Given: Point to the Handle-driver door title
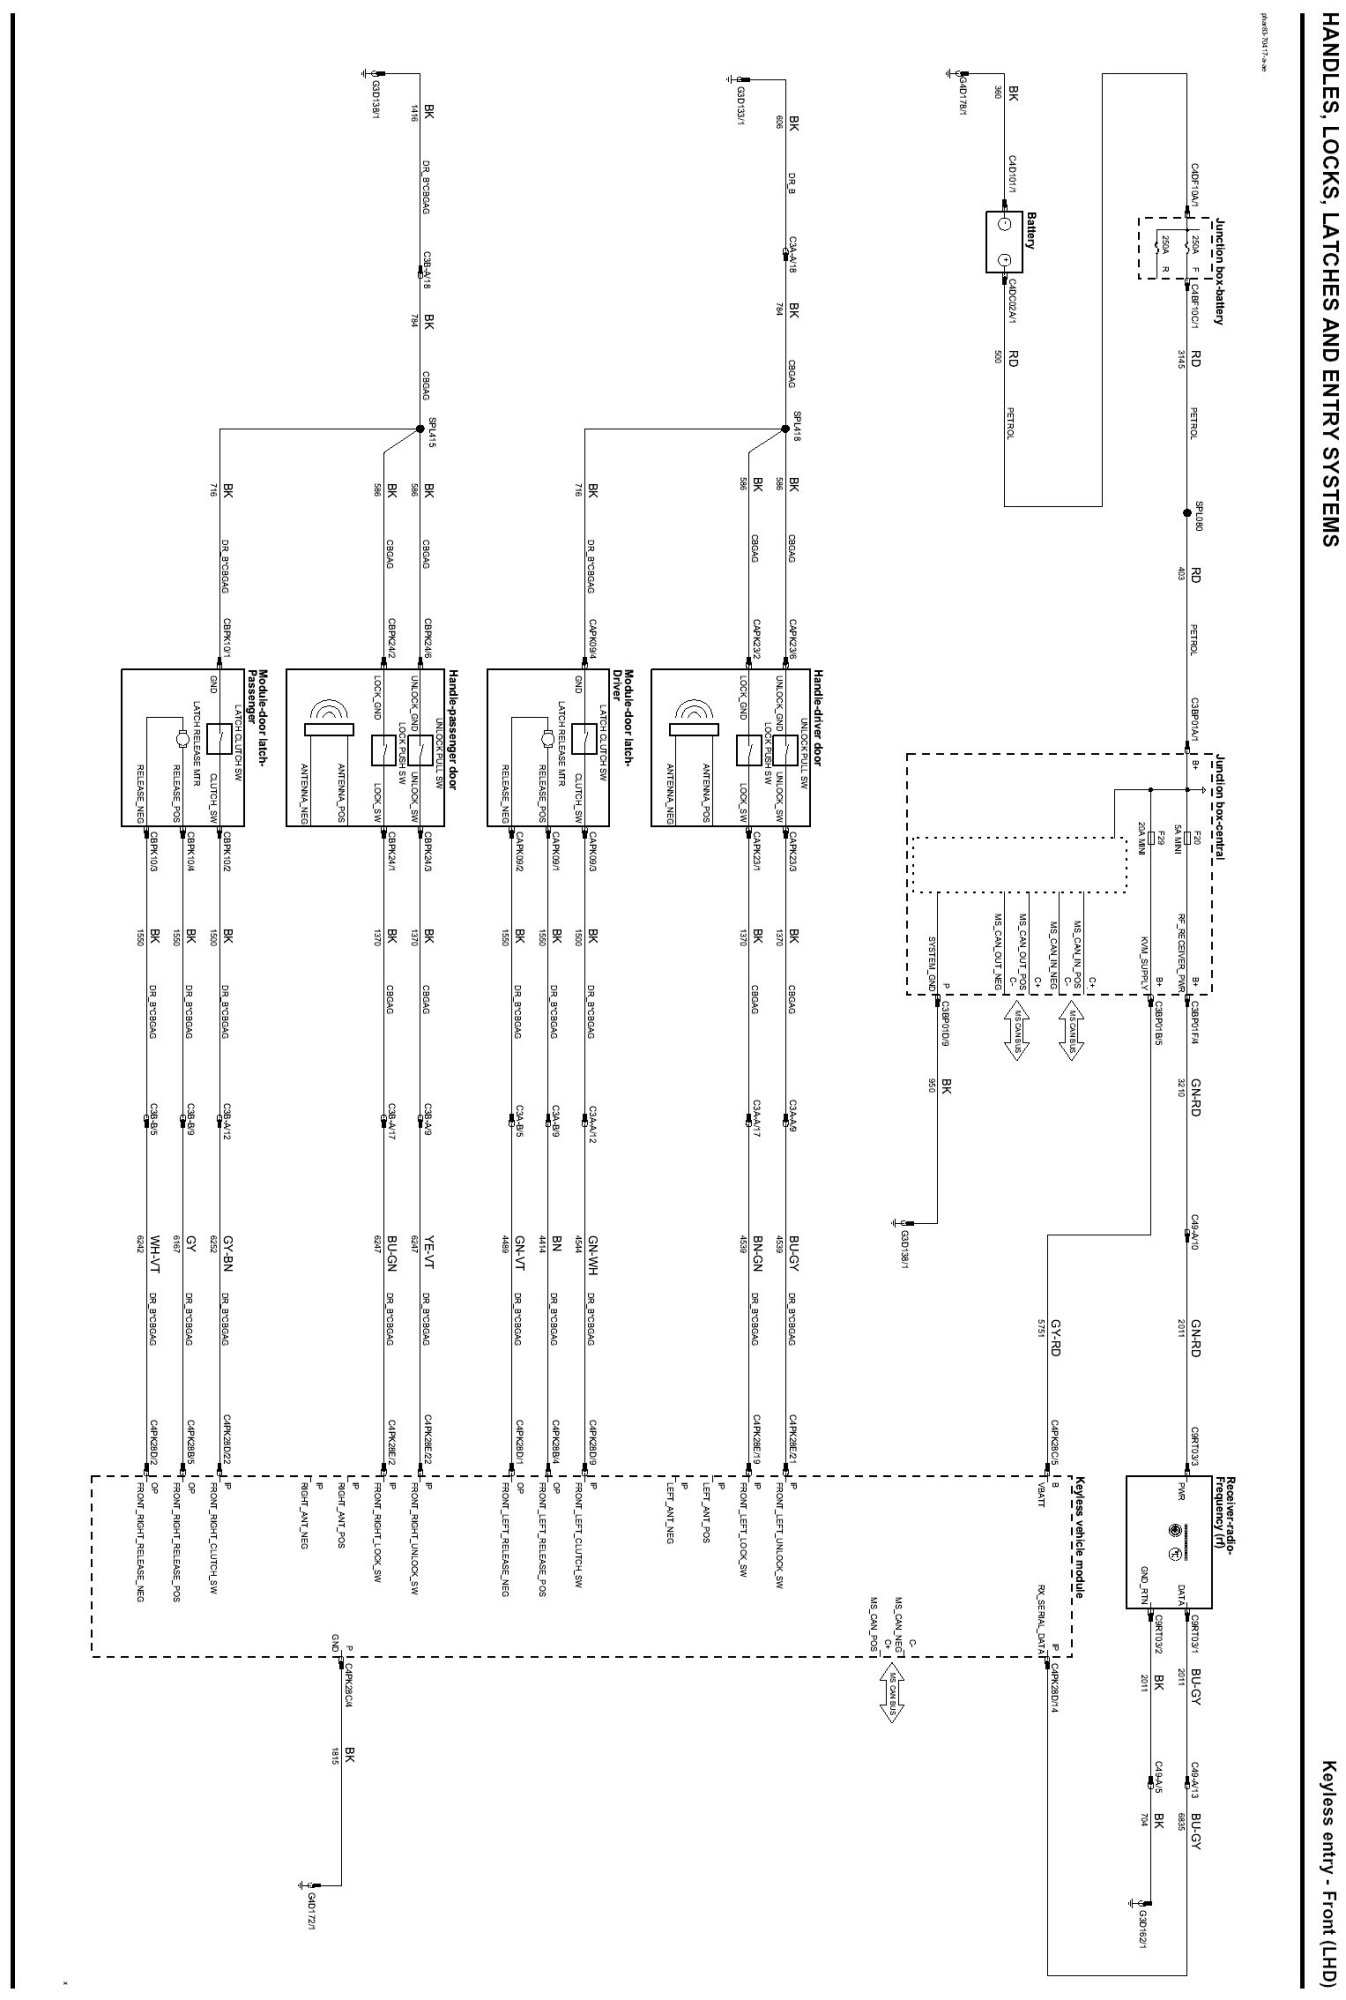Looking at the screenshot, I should coord(816,717).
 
